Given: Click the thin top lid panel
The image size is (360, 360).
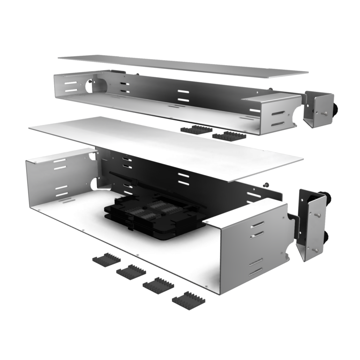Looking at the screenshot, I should [x=183, y=66].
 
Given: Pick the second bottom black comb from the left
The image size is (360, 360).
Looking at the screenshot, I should [x=131, y=271].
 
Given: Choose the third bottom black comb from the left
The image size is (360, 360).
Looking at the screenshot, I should [x=157, y=285].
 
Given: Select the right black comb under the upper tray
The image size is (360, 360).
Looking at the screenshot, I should [x=228, y=135].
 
